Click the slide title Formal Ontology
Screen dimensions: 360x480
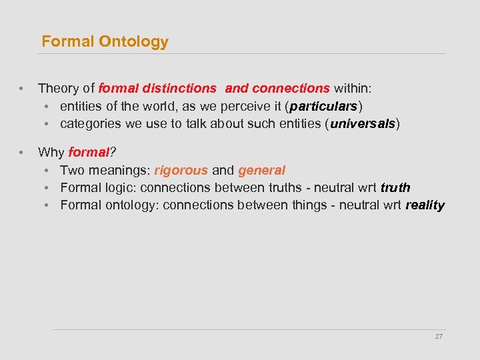(105, 41)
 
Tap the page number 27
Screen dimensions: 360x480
(439, 337)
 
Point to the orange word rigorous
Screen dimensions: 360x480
(181, 171)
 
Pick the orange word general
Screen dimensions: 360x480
(261, 171)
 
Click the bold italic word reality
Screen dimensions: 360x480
(425, 205)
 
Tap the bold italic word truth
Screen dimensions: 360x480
(395, 188)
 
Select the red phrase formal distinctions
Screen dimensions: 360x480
(157, 88)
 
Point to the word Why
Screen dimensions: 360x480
(51, 153)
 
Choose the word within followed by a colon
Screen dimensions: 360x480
(353, 88)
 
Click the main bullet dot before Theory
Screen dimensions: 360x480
(22, 89)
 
